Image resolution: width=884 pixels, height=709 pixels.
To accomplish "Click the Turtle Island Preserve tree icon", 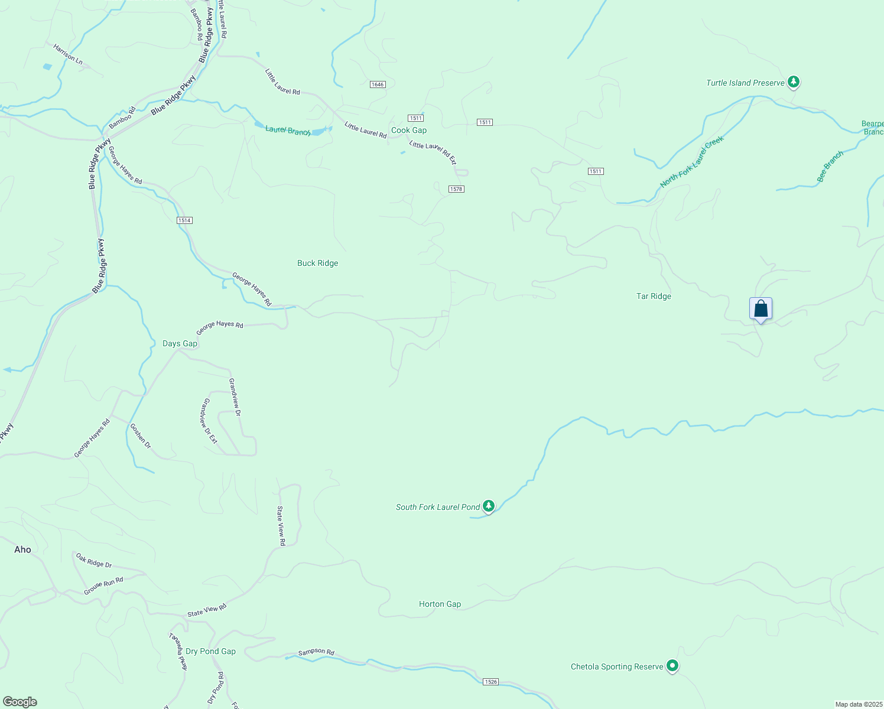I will click(794, 82).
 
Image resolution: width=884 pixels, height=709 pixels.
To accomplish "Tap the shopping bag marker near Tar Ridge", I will click(760, 309).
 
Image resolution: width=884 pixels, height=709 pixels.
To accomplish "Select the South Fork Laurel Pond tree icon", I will click(488, 506).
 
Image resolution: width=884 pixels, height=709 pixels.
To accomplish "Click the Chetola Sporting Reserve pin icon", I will click(672, 666).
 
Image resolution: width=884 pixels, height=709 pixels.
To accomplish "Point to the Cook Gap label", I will click(409, 131).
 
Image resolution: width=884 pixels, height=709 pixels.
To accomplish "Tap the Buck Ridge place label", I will click(318, 264).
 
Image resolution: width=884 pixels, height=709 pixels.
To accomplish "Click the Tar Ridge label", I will click(654, 297).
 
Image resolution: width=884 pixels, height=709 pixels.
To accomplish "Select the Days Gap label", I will click(180, 344).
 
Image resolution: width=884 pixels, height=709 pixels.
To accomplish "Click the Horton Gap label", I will click(440, 604).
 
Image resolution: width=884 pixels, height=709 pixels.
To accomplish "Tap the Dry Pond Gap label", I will click(210, 652).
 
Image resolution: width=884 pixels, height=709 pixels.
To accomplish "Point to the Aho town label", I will click(22, 550).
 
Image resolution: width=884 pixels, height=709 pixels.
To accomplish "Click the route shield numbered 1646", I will click(378, 84).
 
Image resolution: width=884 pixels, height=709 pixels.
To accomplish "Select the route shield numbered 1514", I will click(184, 220).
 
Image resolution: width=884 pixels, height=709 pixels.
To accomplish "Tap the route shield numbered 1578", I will click(456, 189).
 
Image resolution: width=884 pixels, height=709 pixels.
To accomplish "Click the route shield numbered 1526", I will click(490, 682).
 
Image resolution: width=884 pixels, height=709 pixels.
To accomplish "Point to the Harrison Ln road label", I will click(68, 53).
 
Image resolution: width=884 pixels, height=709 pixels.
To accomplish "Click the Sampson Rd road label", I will click(316, 652).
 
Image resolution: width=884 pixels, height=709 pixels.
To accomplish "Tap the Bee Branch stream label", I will click(830, 167).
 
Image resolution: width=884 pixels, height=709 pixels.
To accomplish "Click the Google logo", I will click(20, 702).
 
